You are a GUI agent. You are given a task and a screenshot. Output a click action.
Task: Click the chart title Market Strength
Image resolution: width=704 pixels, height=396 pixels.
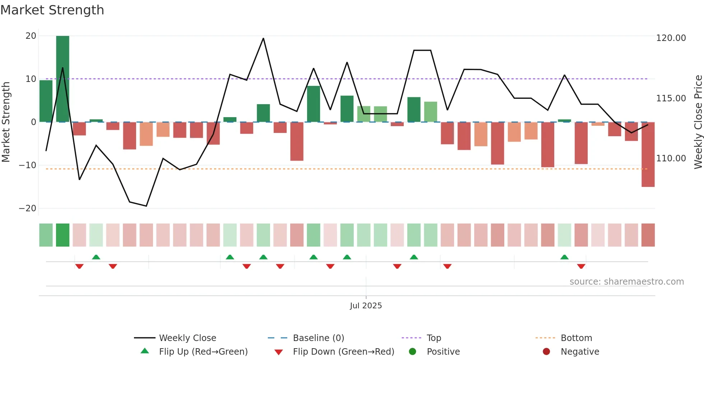(52, 10)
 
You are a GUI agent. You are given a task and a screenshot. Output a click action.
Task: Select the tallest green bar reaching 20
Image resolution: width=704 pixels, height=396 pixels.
(62, 79)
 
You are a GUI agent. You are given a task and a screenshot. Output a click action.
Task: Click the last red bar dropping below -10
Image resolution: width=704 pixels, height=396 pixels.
(648, 155)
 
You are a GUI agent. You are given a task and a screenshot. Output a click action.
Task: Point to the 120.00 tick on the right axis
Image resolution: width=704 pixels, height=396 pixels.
(671, 38)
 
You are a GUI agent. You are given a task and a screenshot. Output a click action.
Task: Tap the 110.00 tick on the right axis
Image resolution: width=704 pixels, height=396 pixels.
(671, 158)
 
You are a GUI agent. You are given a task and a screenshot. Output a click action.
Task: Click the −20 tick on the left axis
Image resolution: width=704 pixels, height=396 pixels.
(28, 208)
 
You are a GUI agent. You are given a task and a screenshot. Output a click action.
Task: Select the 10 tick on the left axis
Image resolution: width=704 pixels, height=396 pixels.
(31, 79)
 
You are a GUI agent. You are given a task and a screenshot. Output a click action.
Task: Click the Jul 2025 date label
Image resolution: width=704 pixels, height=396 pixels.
(366, 306)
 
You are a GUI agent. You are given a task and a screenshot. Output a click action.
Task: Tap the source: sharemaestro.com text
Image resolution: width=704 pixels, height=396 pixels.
(626, 282)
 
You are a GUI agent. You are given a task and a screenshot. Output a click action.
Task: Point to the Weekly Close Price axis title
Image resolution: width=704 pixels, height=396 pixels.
(698, 122)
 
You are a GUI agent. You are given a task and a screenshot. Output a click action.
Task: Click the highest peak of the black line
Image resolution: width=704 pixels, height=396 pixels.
(263, 38)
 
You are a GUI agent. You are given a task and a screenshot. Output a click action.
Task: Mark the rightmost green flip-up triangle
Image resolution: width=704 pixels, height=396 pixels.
(564, 257)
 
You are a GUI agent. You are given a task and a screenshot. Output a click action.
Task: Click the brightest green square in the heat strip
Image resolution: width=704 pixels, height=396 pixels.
(62, 235)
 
